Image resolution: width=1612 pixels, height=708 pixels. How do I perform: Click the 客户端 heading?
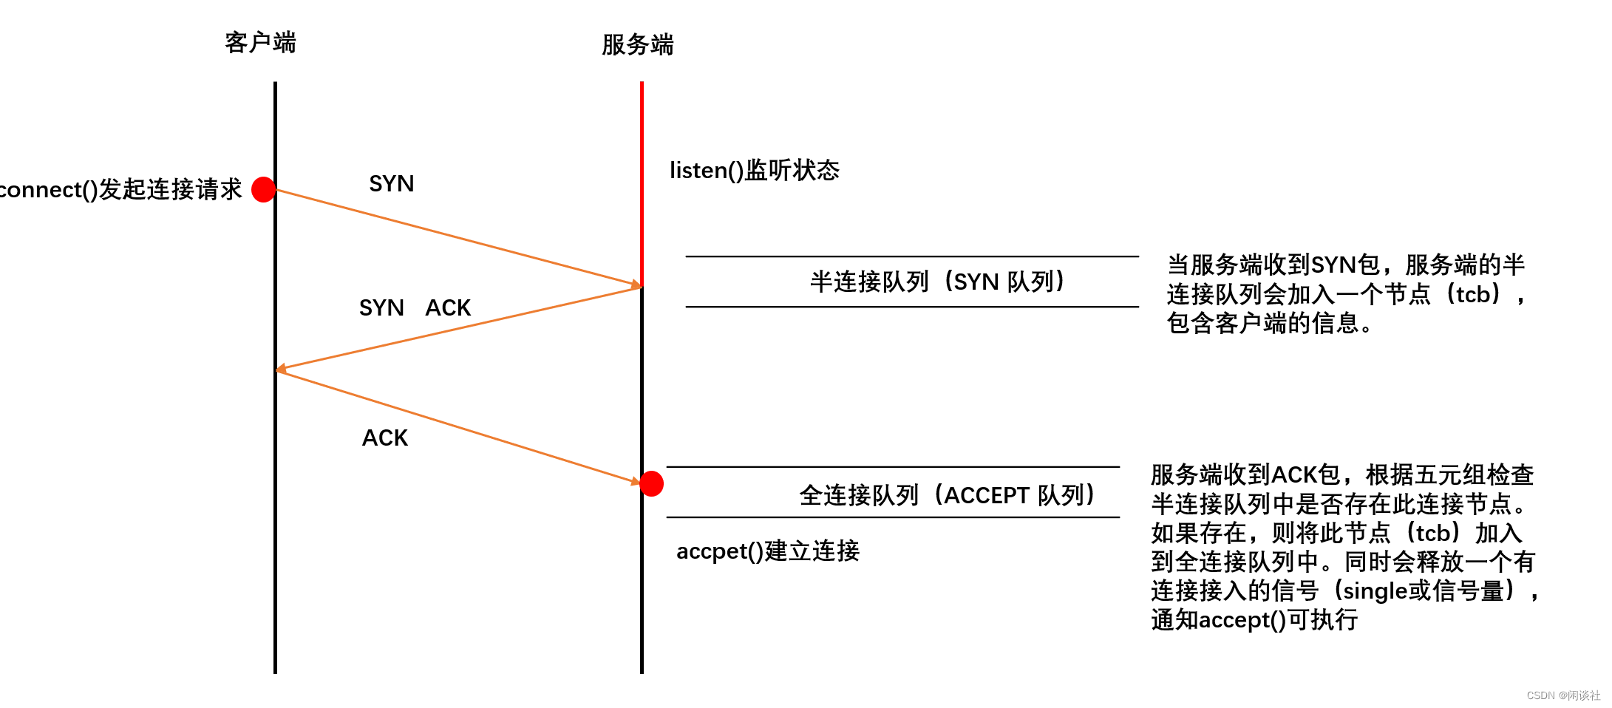coord(260,43)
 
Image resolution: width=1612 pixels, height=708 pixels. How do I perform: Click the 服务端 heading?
coord(637,45)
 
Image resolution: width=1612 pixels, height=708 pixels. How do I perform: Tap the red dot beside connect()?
coord(264,189)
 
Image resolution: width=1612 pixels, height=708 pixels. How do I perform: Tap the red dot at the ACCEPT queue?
coord(651,483)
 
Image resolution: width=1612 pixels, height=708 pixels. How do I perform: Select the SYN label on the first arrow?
coord(391,183)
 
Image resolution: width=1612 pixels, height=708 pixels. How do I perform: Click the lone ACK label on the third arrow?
coord(384,438)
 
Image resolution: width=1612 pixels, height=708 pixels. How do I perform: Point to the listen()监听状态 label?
coord(754,171)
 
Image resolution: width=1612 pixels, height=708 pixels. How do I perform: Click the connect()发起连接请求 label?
coord(120,190)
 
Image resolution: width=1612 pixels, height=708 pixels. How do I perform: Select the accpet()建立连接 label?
coord(767,551)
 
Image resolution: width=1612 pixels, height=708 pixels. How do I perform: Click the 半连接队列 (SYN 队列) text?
coord(937,282)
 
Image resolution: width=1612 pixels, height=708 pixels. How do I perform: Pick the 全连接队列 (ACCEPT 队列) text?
coord(947,494)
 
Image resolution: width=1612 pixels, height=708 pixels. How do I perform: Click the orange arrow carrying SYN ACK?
coord(458,327)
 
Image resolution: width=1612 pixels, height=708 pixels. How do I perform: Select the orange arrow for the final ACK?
coord(458,427)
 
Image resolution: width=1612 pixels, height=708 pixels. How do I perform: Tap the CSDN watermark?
coord(1562,695)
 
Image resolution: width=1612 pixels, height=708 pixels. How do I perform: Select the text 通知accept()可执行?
coord(1254,620)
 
